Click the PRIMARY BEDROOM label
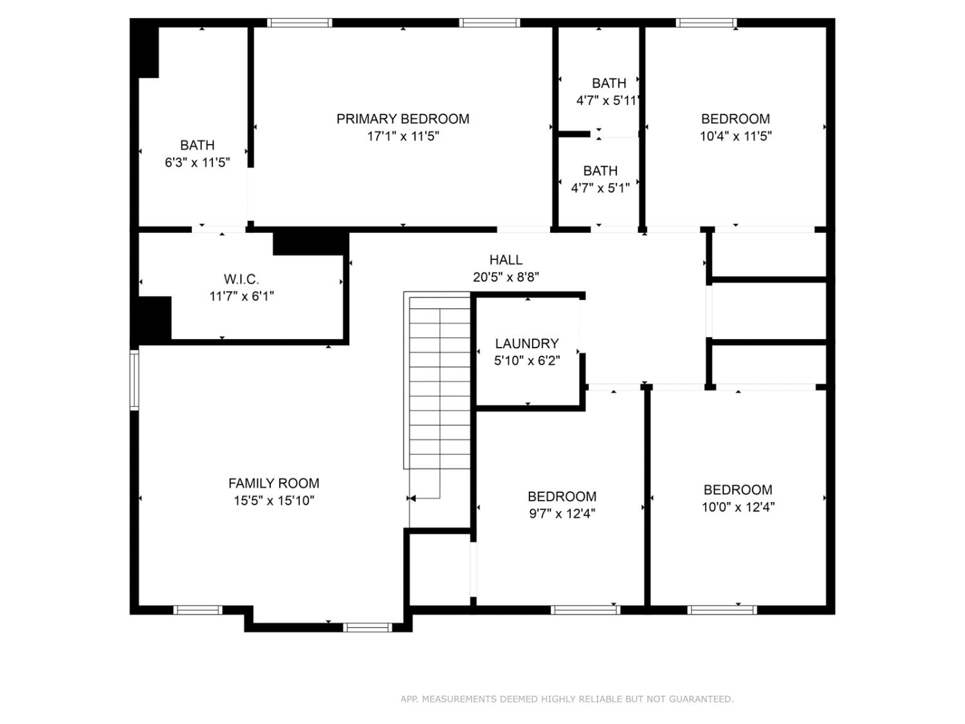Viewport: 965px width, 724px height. point(403,119)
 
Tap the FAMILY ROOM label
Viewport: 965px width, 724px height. point(273,483)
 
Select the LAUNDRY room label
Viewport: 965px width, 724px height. point(527,344)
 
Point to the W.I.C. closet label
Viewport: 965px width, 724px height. point(241,279)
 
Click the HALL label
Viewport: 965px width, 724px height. point(506,260)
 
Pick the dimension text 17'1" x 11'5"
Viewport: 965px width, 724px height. point(403,136)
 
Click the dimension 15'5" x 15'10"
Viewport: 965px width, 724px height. point(273,501)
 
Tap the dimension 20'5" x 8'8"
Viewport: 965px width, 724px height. point(506,277)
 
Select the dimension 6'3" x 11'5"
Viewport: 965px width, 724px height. point(197,163)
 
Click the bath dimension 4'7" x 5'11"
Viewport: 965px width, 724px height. point(608,101)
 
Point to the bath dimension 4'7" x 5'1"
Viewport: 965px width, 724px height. point(600,189)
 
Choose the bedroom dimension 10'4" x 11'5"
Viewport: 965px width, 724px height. point(735,136)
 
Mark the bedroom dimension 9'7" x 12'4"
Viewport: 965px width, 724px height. point(562,514)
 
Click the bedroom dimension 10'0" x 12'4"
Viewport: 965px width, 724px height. point(738,507)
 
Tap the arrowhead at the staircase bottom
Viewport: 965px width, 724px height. point(412,498)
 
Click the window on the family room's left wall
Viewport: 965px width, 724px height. point(134,380)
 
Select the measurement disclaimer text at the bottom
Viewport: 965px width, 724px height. point(567,699)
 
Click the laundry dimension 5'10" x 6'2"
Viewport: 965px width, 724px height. point(527,361)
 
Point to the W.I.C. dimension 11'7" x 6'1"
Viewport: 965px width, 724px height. point(241,297)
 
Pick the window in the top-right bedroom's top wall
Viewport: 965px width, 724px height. point(706,23)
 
